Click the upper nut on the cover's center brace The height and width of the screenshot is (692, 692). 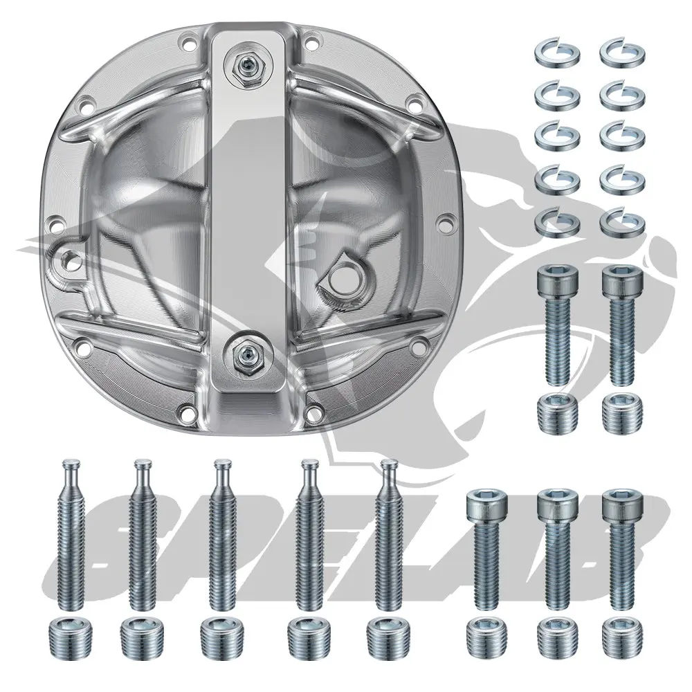[244, 65]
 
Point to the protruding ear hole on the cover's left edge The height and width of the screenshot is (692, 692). [67, 259]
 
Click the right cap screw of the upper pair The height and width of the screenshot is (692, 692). [621, 325]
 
